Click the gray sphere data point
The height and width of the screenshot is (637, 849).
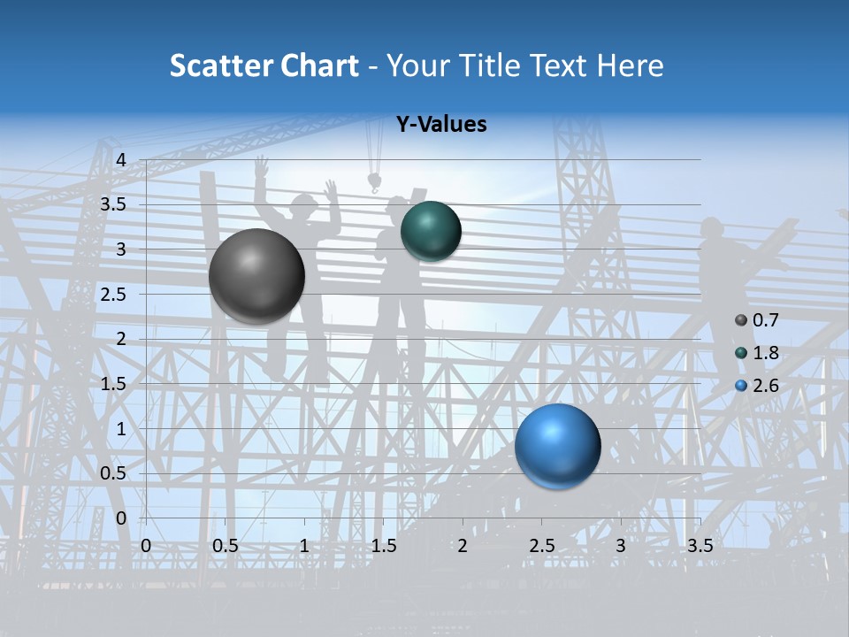point(256,276)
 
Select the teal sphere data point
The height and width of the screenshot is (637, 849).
point(431,231)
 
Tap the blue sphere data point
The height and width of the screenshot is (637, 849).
point(557,446)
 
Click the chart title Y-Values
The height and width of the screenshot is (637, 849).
point(440,125)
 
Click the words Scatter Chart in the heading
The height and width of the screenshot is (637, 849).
point(264,65)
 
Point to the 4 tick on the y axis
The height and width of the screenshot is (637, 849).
point(121,159)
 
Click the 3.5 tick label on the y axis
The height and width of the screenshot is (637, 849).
point(114,204)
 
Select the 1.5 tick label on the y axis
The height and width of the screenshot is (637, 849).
point(114,383)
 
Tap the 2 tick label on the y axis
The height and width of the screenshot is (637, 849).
point(121,339)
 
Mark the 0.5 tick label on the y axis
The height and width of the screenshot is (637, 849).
point(114,473)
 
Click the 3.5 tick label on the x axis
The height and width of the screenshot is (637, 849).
point(700,546)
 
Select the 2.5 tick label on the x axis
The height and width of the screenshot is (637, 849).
point(541,546)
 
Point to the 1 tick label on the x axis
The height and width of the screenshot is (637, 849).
point(304,546)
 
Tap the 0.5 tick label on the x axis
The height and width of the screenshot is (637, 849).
point(226,546)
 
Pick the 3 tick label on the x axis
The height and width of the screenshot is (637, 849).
point(621,546)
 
